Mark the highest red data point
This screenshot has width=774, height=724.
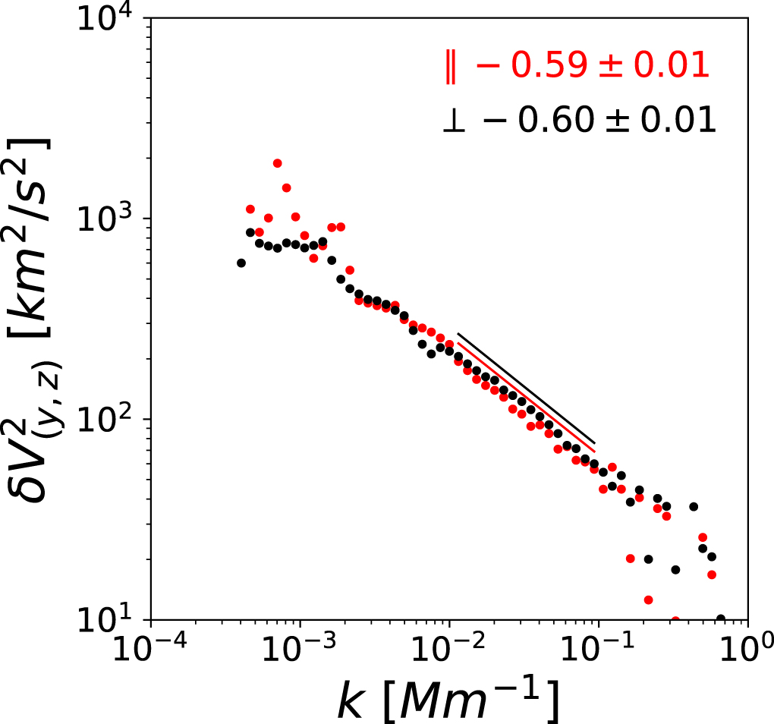(x=278, y=163)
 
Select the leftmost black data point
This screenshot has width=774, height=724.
(x=241, y=263)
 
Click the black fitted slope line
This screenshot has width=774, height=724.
(x=527, y=389)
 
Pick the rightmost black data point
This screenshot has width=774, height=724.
(x=720, y=619)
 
